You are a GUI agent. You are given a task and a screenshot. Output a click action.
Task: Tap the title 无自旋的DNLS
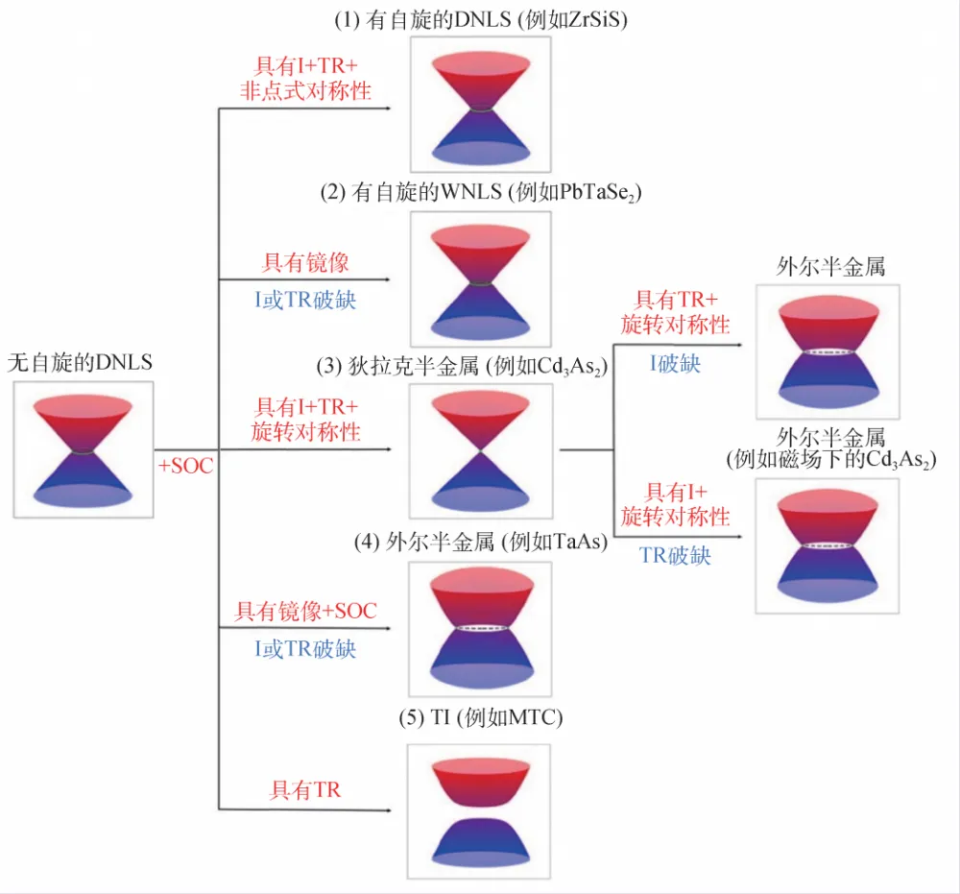[80, 362]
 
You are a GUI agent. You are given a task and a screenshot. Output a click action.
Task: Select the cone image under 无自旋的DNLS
[84, 449]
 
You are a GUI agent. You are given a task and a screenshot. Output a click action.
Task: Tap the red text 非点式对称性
[305, 91]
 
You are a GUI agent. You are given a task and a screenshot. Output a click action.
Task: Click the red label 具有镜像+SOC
[306, 611]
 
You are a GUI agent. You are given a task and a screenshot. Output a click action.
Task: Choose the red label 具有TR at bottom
[306, 790]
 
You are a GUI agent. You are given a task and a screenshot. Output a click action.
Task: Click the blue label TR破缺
[675, 555]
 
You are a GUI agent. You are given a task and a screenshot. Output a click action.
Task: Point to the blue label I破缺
[675, 364]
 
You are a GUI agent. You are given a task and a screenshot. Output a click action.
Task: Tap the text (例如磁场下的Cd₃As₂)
[831, 460]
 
